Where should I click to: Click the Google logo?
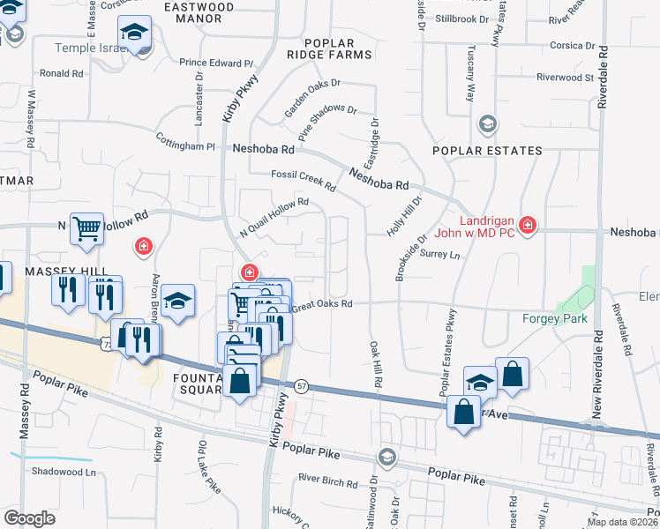pos(29,518)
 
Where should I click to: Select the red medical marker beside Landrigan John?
pos(528,226)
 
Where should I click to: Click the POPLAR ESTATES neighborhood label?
pos(487,151)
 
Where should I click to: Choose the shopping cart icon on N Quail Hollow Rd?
pos(86,229)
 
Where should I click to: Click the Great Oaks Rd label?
pos(321,304)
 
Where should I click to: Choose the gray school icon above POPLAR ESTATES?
pos(487,125)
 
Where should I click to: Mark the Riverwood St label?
pos(566,78)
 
